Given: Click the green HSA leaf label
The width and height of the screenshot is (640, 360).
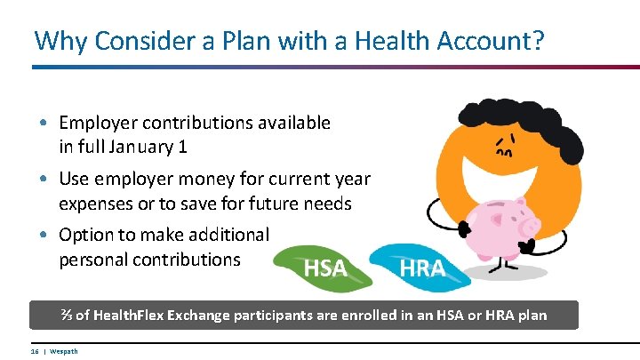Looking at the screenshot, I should click(324, 268).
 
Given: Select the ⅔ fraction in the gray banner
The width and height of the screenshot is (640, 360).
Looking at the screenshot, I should click(67, 316).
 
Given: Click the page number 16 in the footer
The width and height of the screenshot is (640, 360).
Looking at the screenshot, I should click(35, 351).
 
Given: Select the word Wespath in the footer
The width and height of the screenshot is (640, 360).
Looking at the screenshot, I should click(63, 351).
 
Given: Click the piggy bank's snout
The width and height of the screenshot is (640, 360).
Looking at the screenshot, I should click(532, 218).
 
